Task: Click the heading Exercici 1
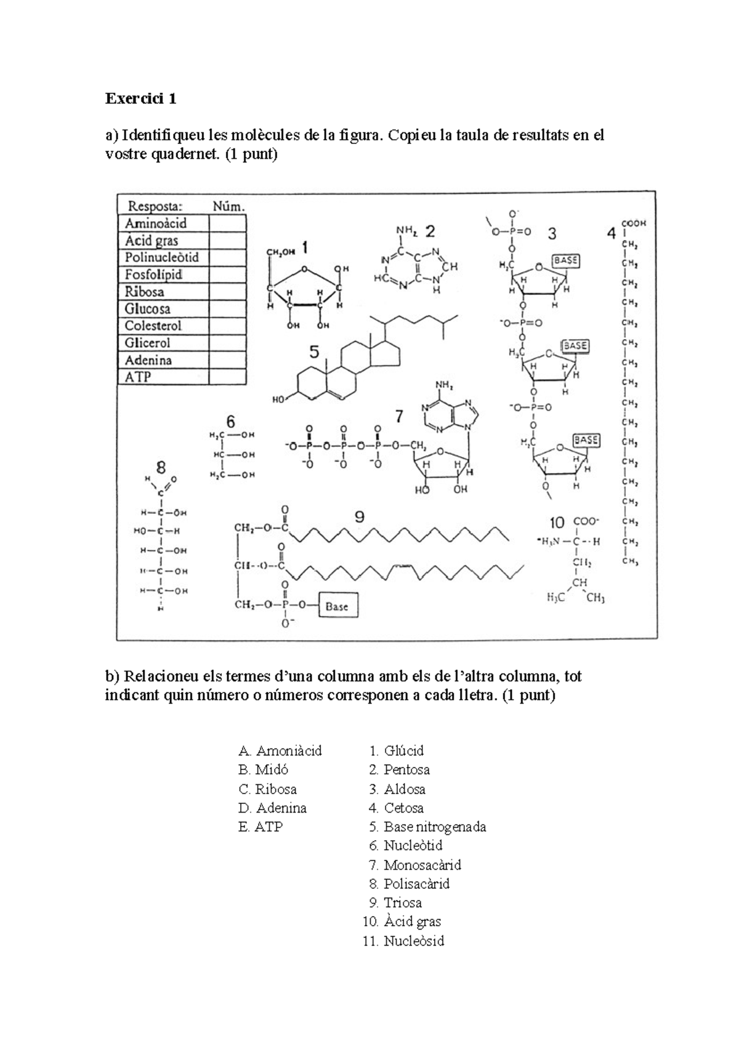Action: coord(141,98)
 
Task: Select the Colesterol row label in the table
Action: coord(153,326)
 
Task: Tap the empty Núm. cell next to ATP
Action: coord(227,377)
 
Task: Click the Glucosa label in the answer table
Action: coord(148,308)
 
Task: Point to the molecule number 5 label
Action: coord(315,353)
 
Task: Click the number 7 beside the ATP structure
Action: coord(399,417)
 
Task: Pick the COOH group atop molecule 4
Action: coord(634,223)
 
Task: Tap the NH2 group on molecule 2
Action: coord(406,230)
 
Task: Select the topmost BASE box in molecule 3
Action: coord(565,261)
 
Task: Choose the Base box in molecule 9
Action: coord(337,606)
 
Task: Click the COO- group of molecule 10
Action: coord(586,521)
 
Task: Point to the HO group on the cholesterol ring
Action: coord(280,400)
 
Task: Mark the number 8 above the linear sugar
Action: coord(161,467)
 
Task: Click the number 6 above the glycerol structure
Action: coord(230,422)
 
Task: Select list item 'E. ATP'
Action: coord(260,827)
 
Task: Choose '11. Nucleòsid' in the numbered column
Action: coord(404,941)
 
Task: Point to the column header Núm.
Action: coord(228,206)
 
